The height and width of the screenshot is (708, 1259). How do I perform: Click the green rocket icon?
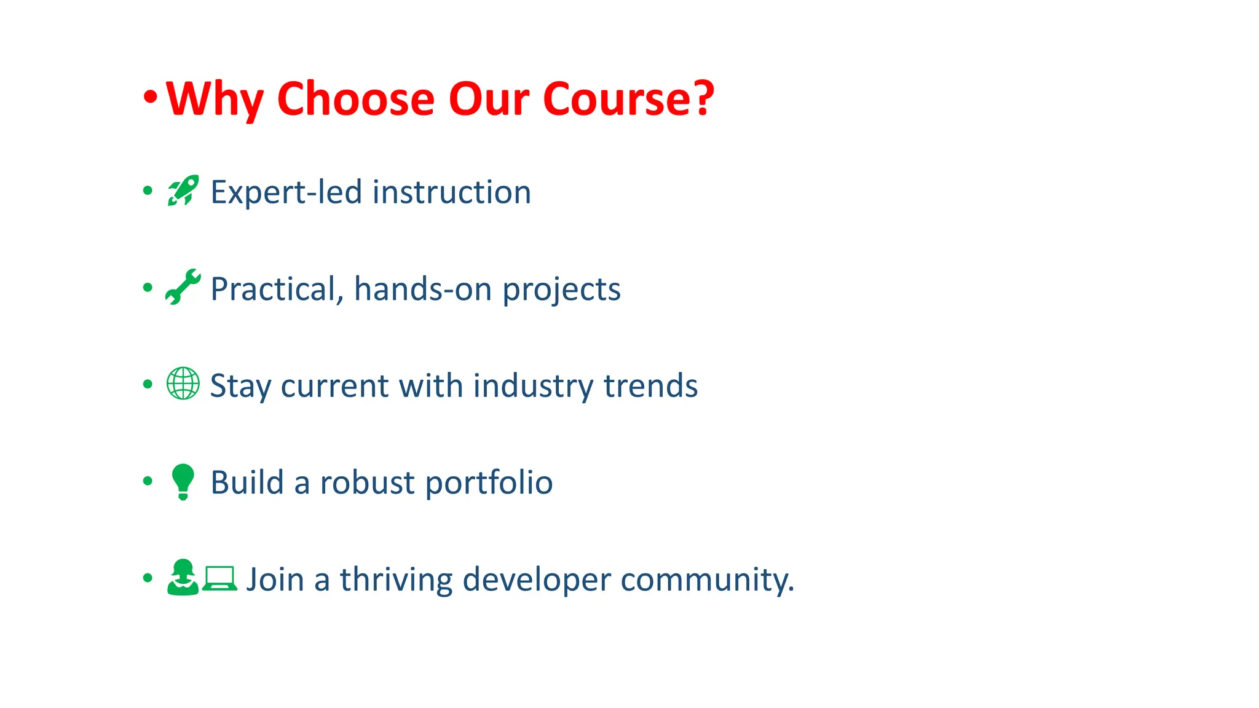(x=183, y=191)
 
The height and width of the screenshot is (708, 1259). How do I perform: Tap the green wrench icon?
(x=183, y=287)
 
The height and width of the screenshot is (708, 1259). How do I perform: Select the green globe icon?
(x=183, y=383)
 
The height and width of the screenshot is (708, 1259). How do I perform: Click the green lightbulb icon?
(x=183, y=481)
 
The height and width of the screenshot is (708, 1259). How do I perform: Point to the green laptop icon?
(x=219, y=578)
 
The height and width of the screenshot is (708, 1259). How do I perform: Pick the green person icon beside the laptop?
(x=183, y=578)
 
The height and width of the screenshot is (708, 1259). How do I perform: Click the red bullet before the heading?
(x=150, y=97)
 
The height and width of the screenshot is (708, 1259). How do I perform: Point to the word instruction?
(x=452, y=192)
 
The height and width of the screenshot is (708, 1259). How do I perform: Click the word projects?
(x=561, y=290)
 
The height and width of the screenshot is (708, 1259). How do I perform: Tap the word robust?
(x=367, y=482)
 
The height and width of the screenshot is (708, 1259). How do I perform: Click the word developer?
(x=536, y=580)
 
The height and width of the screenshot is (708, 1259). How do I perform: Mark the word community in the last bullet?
(x=707, y=580)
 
